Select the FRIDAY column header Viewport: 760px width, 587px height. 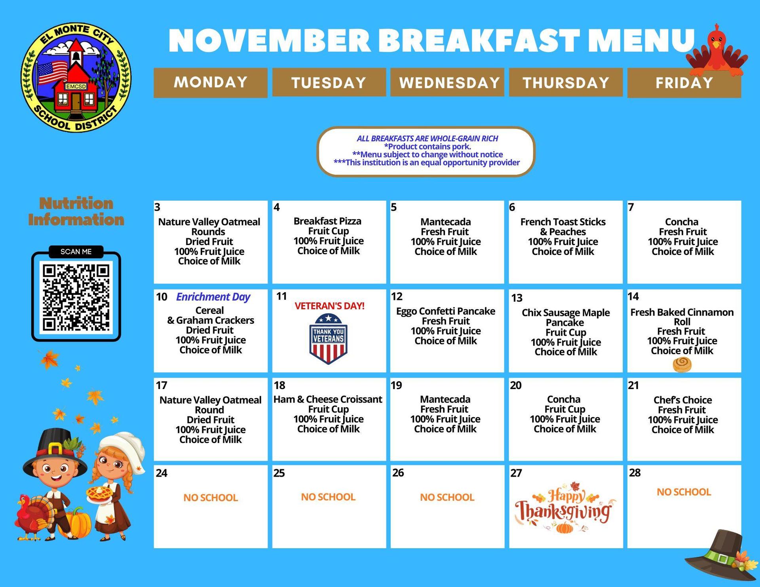click(x=684, y=83)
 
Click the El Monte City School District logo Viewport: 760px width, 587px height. click(x=76, y=78)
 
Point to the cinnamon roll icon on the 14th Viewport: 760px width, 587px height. click(x=682, y=364)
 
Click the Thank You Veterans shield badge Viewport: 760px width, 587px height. click(x=328, y=338)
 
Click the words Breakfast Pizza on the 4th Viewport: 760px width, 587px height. click(x=327, y=221)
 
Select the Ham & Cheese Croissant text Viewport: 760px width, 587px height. click(x=328, y=399)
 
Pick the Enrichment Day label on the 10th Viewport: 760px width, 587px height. click(x=213, y=297)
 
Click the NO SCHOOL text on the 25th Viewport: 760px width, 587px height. click(x=328, y=497)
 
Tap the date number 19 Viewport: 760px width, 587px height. click(x=397, y=385)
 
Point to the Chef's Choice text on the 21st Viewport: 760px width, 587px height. click(x=682, y=400)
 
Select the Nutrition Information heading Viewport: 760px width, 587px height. click(x=76, y=211)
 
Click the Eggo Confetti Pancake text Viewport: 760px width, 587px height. click(x=446, y=311)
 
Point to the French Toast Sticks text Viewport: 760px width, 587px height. click(x=563, y=222)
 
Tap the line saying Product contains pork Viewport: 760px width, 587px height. click(x=427, y=146)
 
